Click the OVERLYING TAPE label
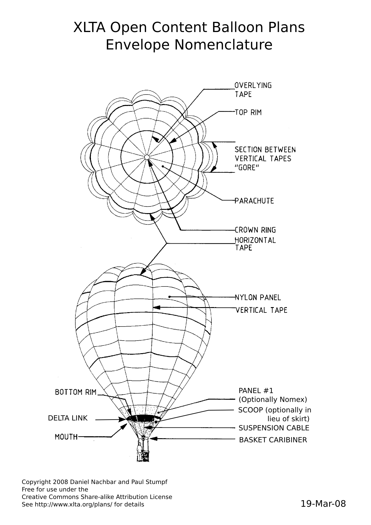tap(253, 89)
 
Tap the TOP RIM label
tap(248, 113)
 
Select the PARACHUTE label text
tap(254, 201)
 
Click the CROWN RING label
tap(255, 230)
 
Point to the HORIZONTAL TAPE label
tap(255, 244)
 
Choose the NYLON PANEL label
tap(258, 298)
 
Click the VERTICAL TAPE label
tap(261, 310)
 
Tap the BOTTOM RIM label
tap(76, 392)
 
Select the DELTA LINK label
tap(68, 418)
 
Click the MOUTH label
tap(66, 437)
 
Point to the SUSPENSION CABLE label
tap(274, 428)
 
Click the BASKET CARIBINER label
tap(273, 440)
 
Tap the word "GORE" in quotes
tap(247, 168)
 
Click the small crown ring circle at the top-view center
tap(147, 157)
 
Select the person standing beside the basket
tap(139, 452)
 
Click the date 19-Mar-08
tap(323, 504)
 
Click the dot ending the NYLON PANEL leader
tap(169, 297)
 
